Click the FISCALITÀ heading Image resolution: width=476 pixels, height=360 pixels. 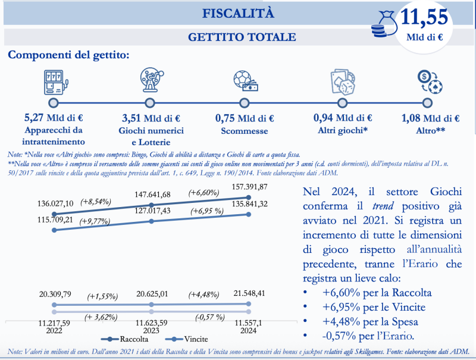click(x=238, y=13)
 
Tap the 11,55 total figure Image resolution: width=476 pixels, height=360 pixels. click(x=424, y=17)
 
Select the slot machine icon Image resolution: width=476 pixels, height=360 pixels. click(x=56, y=82)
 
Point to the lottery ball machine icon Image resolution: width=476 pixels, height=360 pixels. click(x=152, y=80)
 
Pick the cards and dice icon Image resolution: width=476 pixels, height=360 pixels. click(x=343, y=82)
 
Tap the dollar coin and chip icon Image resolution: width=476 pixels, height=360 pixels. click(x=430, y=82)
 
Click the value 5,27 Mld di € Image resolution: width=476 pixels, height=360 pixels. click(x=54, y=118)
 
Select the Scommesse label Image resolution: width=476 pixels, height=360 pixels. click(x=245, y=131)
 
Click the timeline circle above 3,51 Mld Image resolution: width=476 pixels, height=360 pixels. click(x=150, y=103)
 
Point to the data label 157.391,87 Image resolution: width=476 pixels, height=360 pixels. click(x=249, y=187)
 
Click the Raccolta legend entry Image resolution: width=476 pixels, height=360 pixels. click(x=124, y=339)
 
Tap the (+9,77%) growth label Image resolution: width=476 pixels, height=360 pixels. click(x=95, y=221)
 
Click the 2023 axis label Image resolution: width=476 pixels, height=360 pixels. click(x=151, y=331)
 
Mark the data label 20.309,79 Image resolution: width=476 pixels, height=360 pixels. click(x=55, y=294)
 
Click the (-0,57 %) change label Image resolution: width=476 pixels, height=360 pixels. click(x=210, y=317)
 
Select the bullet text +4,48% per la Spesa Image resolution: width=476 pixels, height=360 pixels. click(x=370, y=322)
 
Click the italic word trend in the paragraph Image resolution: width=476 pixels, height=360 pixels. click(x=383, y=206)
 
